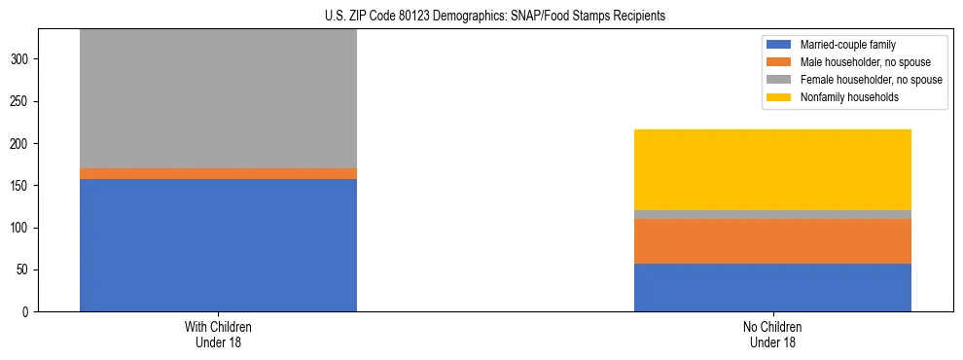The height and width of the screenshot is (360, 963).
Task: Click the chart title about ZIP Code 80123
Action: (495, 16)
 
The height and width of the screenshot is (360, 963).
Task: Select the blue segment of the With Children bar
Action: (218, 245)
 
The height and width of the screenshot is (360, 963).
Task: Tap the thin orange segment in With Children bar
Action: (218, 173)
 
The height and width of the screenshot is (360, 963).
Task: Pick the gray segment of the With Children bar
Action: (218, 98)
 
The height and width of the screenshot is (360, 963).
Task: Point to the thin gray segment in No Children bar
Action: (772, 214)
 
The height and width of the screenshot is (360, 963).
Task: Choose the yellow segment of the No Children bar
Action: (772, 169)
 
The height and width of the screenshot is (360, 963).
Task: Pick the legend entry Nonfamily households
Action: (843, 97)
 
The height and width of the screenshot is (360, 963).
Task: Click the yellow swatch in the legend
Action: (779, 97)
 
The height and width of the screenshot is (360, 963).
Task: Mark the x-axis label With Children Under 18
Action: (218, 334)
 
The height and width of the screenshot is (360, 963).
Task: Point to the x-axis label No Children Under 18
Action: (772, 334)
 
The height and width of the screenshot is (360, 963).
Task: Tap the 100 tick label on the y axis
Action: (21, 228)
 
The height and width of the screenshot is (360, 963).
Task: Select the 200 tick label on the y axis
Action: (21, 144)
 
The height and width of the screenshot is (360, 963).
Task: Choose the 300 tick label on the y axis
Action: (21, 59)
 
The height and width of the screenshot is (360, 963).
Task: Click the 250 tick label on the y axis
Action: (21, 101)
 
